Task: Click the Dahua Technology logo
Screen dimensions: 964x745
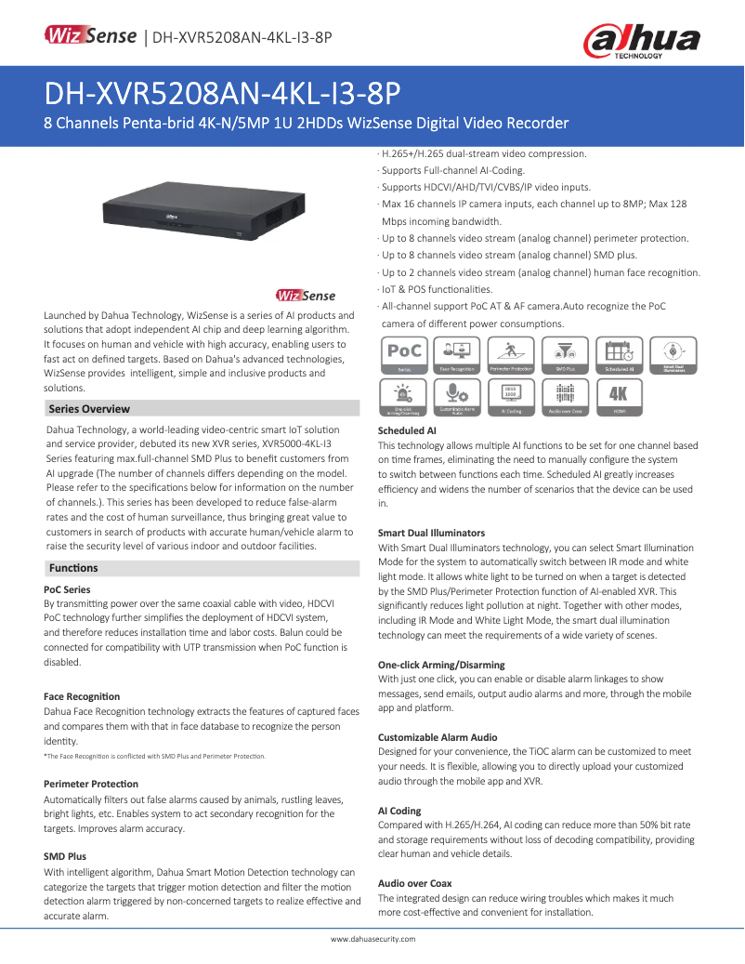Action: tap(641, 42)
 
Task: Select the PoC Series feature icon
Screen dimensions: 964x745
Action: tap(405, 356)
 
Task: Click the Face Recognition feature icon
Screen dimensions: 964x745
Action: tap(458, 356)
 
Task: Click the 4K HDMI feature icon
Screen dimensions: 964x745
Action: tap(618, 397)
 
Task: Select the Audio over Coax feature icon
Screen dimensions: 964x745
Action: tap(565, 397)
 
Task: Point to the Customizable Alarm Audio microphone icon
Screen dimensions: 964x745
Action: tap(458, 397)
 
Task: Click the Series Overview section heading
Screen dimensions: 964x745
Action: tap(89, 409)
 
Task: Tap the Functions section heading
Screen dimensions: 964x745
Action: tap(73, 568)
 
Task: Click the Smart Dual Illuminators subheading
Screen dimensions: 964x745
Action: tap(431, 534)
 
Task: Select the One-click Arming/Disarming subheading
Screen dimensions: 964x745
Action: tap(441, 666)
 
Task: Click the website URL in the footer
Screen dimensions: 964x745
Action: tap(373, 939)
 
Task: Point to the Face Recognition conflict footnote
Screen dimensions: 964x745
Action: tap(154, 757)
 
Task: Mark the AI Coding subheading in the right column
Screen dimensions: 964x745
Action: tap(399, 812)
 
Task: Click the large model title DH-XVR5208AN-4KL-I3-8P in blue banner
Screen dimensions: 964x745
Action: tap(222, 93)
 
